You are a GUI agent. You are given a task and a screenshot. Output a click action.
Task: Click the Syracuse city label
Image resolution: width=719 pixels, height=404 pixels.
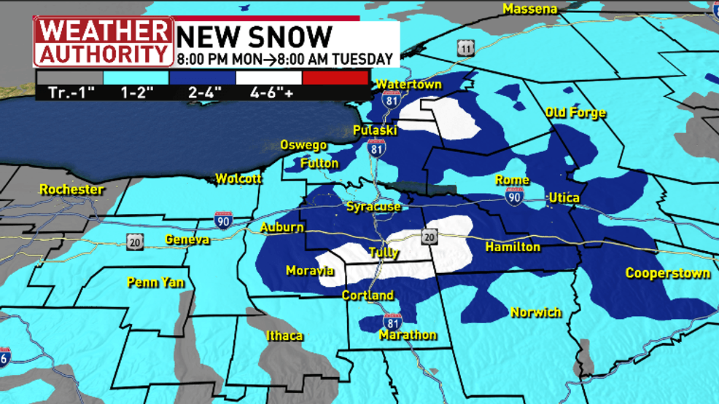(373, 207)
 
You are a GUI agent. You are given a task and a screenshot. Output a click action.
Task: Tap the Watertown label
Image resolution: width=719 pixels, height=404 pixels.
(409, 85)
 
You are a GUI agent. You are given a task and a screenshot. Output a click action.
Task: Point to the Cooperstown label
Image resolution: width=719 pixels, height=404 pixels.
(668, 274)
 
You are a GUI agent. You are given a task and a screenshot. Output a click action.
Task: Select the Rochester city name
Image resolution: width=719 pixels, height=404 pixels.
(71, 190)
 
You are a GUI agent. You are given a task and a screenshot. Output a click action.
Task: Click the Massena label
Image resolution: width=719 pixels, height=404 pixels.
(530, 9)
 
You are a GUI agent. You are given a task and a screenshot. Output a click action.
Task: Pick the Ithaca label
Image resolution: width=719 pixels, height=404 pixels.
(284, 336)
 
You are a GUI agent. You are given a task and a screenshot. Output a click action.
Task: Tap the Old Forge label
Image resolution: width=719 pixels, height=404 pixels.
(575, 113)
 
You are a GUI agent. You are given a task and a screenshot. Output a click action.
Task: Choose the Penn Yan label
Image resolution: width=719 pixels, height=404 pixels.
(156, 282)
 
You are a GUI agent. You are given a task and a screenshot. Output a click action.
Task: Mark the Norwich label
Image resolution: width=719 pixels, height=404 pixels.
(536, 312)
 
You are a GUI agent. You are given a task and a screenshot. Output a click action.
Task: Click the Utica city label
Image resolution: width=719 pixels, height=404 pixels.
(564, 198)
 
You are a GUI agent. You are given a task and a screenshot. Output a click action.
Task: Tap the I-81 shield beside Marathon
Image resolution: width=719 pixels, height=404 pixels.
(392, 321)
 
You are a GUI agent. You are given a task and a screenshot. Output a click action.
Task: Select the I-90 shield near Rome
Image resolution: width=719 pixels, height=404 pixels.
(515, 196)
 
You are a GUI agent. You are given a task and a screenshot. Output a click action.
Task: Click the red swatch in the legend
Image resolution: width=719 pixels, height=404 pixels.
(335, 78)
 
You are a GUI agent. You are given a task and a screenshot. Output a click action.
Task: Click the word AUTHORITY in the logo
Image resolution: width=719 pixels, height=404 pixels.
(103, 53)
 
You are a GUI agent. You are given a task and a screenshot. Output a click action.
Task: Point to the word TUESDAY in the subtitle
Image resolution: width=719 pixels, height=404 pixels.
(363, 60)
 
